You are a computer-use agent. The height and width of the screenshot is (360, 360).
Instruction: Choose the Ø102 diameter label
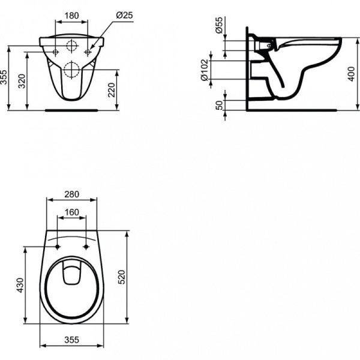tap(220, 70)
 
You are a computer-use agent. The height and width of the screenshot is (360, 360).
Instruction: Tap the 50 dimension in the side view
tap(220, 104)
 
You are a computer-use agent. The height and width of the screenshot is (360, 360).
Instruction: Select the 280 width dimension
tap(72, 194)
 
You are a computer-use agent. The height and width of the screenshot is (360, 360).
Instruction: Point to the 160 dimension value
tap(72, 212)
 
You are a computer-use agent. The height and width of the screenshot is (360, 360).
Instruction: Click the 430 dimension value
tap(19, 285)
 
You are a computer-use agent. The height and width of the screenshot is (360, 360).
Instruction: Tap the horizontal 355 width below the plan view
tap(72, 340)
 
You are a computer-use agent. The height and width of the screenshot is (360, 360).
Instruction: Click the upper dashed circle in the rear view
tap(72, 47)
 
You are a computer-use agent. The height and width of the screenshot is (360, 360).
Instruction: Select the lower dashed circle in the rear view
tap(72, 69)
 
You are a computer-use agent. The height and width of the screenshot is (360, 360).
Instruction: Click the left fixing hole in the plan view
tap(58, 247)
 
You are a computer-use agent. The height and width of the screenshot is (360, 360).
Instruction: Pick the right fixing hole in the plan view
tap(86, 247)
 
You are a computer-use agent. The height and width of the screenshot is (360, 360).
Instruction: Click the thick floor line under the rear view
tap(72, 110)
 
